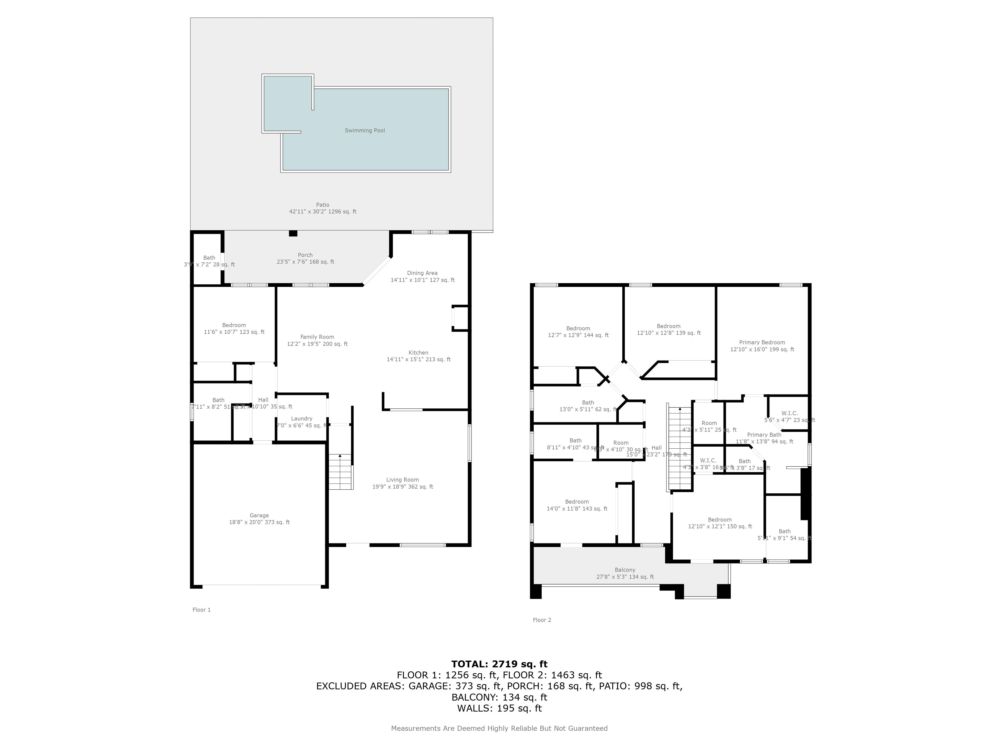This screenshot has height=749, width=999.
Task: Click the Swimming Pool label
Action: tap(364, 131)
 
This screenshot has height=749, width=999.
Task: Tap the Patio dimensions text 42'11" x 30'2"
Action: tap(322, 211)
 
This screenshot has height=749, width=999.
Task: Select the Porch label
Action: tap(305, 255)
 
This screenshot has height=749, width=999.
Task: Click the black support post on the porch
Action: tap(293, 233)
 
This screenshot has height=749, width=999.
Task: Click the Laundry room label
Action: tap(302, 418)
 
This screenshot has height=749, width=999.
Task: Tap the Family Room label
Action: tap(317, 337)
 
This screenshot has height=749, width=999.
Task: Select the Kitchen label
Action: tap(418, 353)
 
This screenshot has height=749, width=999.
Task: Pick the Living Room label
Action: tap(402, 480)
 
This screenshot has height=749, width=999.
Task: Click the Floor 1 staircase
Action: tap(340, 472)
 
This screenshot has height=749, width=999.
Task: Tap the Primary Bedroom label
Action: tap(762, 342)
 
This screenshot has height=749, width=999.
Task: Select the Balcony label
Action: tap(625, 570)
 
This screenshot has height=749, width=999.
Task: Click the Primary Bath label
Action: tap(764, 435)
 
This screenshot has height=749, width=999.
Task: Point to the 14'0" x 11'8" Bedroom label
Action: tap(577, 502)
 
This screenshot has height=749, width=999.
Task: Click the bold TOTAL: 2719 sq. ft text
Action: tap(499, 664)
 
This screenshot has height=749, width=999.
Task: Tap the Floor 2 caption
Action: tap(542, 620)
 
